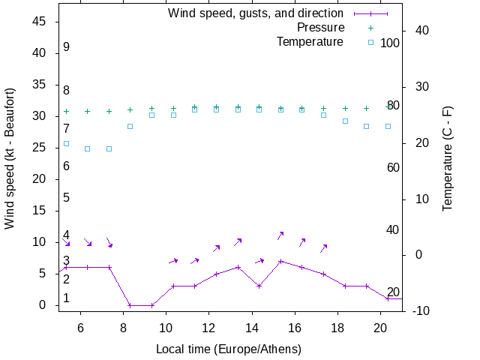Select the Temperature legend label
(310, 41)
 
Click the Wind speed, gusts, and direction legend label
(255, 13)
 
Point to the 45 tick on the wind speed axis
(40, 22)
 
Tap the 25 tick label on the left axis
(40, 148)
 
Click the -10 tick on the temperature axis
(421, 310)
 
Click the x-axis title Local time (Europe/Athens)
(229, 349)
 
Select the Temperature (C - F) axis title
(448, 157)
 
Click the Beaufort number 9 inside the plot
(67, 46)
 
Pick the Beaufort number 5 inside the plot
(67, 198)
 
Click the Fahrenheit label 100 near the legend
(390, 43)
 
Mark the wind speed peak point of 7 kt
(280, 261)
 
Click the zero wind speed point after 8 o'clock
(130, 305)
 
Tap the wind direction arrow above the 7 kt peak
(280, 235)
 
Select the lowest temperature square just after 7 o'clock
(109, 148)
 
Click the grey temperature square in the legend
(370, 42)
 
